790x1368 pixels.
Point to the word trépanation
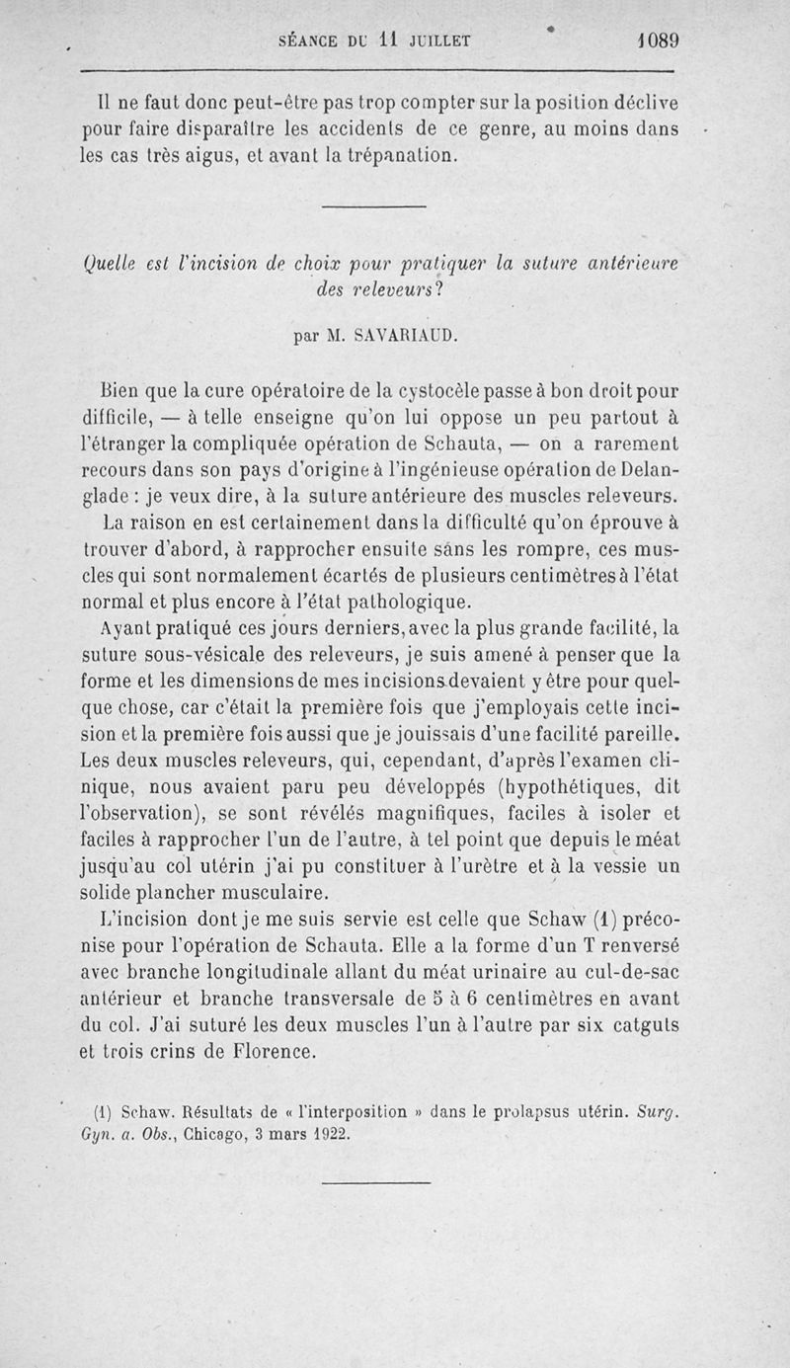pos(403,155)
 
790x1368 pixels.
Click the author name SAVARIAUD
pos(406,335)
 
